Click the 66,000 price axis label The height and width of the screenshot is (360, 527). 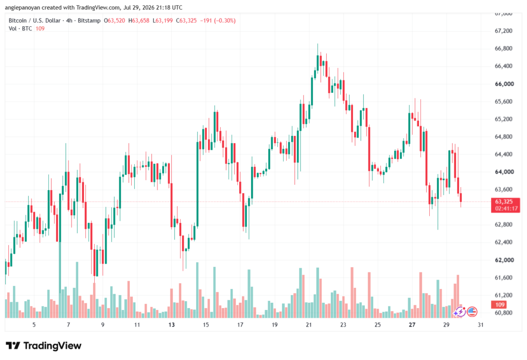tap(504, 84)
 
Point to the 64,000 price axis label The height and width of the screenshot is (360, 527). tap(504, 172)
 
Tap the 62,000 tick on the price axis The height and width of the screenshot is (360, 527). tap(504, 260)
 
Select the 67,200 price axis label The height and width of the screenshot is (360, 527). tap(503, 31)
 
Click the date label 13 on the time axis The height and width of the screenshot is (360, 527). tap(171, 324)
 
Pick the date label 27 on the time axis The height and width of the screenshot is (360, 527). tap(412, 324)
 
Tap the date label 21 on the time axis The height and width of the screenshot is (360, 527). tap(309, 324)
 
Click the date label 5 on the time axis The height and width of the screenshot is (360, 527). tap(34, 324)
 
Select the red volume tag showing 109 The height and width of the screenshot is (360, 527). tap(500, 305)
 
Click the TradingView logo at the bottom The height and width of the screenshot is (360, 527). tap(44, 346)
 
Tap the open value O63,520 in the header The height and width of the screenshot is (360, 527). tap(114, 21)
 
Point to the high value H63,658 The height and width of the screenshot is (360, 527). tap(139, 21)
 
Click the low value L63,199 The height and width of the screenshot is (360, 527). tap(163, 21)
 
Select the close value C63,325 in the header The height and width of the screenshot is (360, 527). tap(186, 21)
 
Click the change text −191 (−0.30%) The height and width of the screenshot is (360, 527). tap(218, 21)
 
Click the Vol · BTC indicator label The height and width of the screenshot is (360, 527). tap(20, 29)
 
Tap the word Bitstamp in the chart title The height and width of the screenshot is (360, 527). tap(89, 21)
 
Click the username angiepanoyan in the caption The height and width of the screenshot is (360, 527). tap(23, 7)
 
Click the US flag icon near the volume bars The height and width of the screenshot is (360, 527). tap(472, 312)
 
